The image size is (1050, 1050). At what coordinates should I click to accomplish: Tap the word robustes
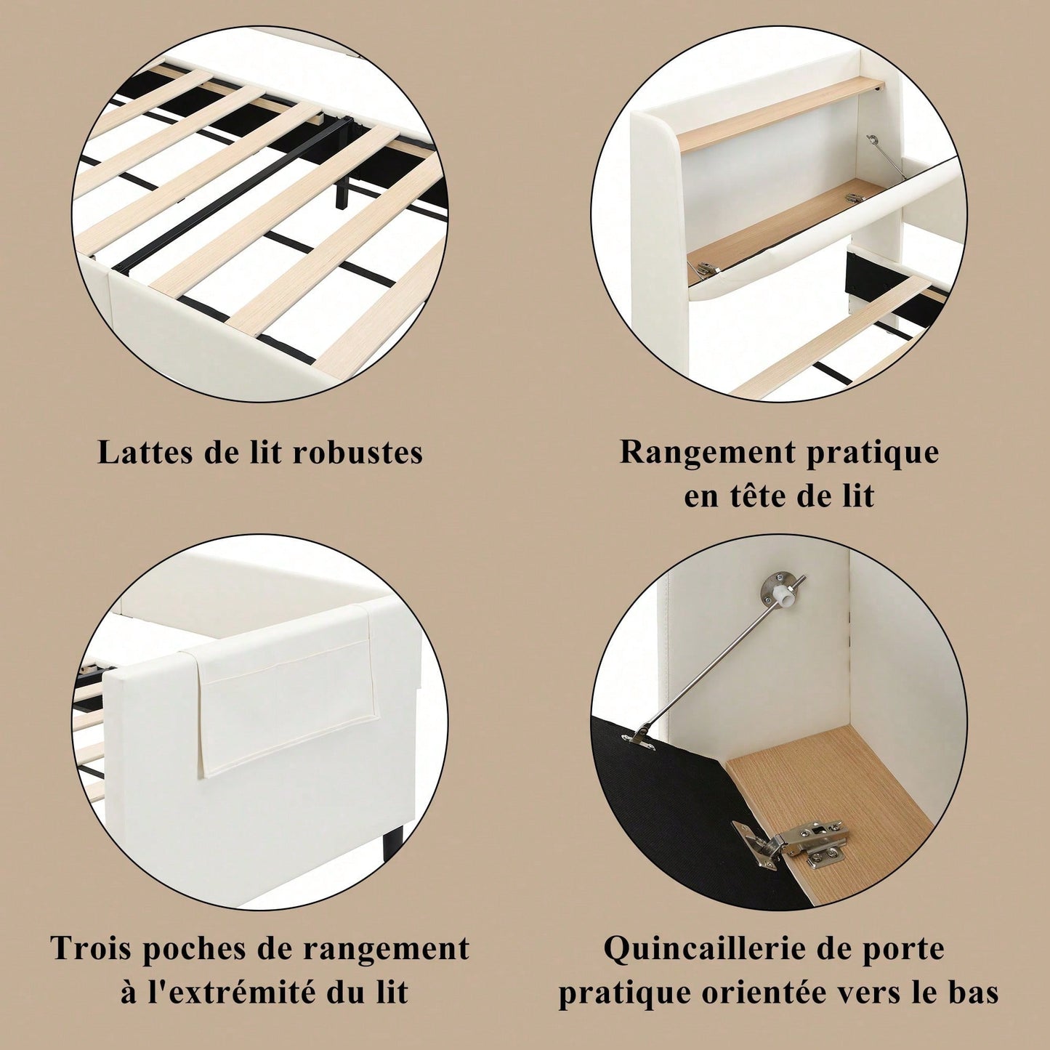point(358,452)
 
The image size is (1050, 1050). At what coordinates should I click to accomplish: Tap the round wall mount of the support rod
point(776,589)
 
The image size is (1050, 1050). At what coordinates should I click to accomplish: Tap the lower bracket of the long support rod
point(639,736)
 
